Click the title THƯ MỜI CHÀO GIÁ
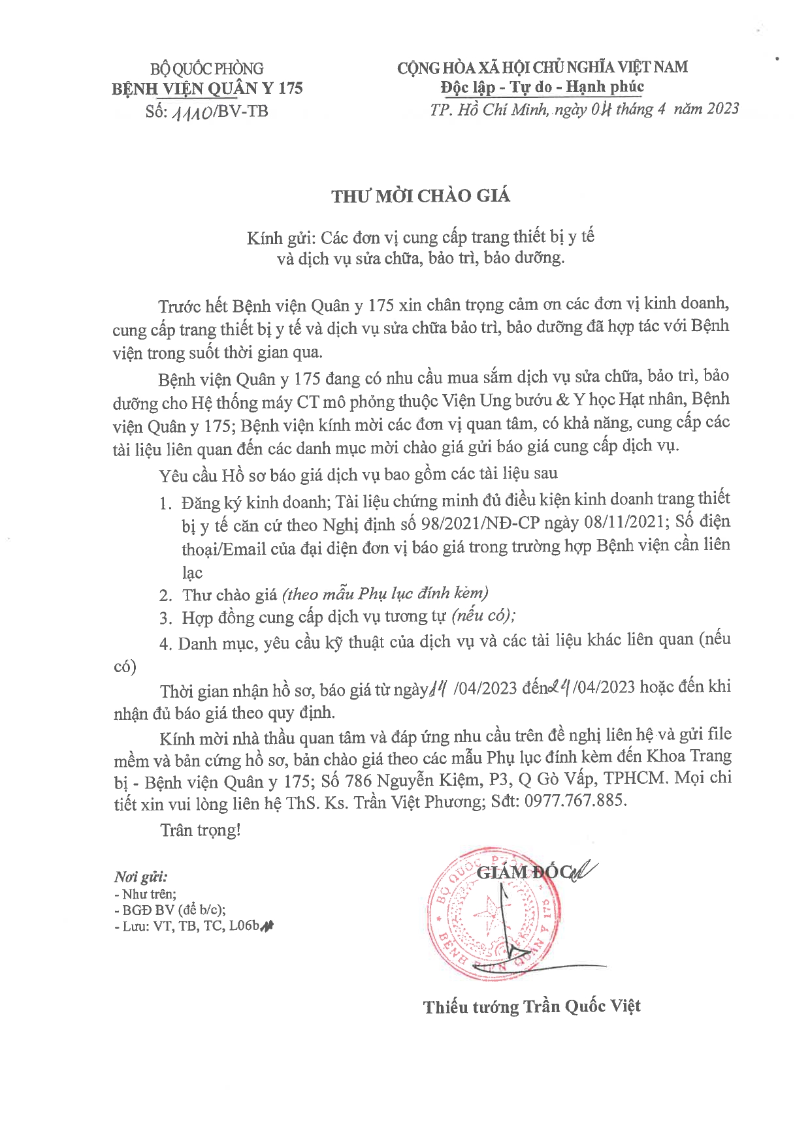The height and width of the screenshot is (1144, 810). click(420, 196)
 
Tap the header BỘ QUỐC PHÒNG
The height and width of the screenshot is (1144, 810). click(207, 69)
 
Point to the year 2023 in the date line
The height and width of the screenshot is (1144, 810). click(714, 108)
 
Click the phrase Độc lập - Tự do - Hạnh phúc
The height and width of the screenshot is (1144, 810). click(542, 87)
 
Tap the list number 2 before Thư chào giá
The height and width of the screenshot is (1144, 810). click(165, 595)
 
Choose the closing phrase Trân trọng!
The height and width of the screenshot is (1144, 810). click(201, 830)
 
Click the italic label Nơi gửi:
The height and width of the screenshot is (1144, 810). click(140, 876)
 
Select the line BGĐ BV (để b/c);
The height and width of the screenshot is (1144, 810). click(174, 910)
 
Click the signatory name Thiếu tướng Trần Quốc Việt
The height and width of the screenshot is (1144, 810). click(532, 1006)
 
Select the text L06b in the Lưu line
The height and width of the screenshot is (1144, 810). click(245, 925)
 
